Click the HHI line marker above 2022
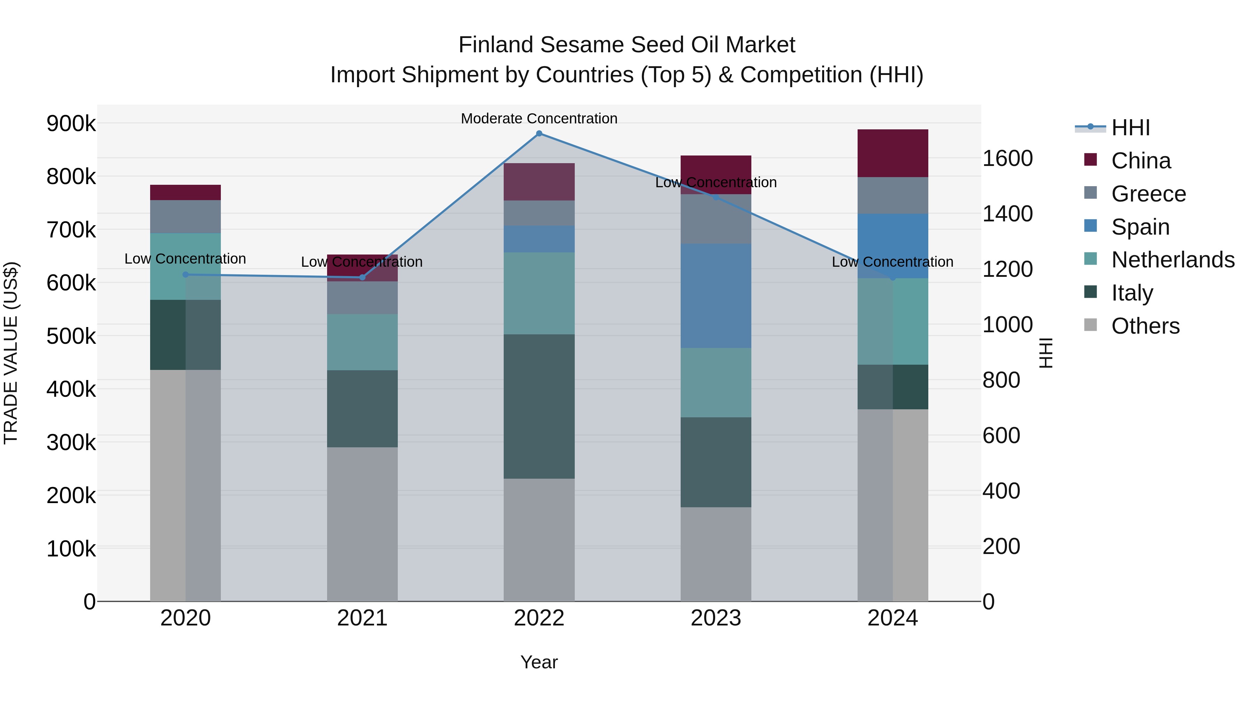[539, 134]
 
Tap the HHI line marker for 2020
[185, 275]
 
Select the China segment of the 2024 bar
[893, 153]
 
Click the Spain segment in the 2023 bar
[715, 296]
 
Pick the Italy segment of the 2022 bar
[539, 407]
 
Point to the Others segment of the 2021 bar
[362, 524]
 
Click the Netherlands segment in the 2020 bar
[185, 266]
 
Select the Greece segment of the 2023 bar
[715, 219]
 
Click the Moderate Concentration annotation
[539, 119]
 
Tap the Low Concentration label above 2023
[715, 182]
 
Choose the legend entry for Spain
[1140, 227]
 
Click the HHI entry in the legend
[1130, 128]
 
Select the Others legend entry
[1145, 326]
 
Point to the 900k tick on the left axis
[71, 124]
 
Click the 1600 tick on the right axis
[1007, 158]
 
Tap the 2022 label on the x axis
[539, 618]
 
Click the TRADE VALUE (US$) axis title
[11, 353]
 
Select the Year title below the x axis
[539, 662]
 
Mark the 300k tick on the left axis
[71, 442]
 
